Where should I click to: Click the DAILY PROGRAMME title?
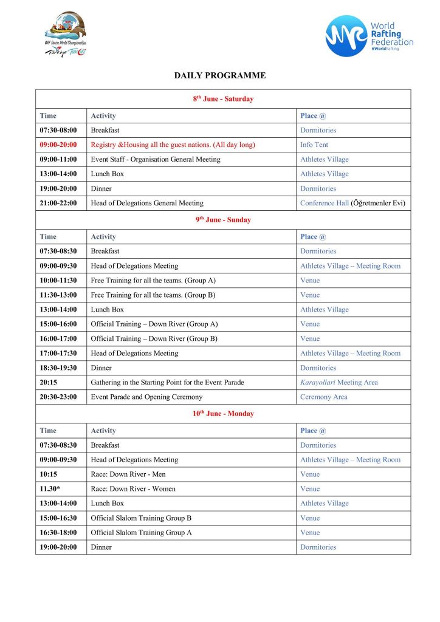(x=220, y=76)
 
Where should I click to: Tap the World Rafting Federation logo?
(x=369, y=36)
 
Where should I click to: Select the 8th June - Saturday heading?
(x=223, y=98)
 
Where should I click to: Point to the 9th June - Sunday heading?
(x=223, y=220)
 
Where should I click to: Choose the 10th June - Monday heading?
(x=223, y=414)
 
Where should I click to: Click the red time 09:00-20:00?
(x=58, y=145)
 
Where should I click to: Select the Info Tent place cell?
(x=314, y=145)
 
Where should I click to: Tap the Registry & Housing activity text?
(x=173, y=145)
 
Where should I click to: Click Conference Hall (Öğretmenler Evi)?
(x=352, y=203)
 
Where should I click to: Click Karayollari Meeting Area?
(x=339, y=382)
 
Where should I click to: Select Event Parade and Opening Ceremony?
(x=146, y=397)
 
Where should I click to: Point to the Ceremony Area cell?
(x=323, y=397)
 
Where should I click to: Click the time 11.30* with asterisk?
(x=50, y=488)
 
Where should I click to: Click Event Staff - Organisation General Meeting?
(x=156, y=159)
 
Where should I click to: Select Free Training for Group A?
(x=153, y=280)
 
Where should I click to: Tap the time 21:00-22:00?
(x=58, y=203)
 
